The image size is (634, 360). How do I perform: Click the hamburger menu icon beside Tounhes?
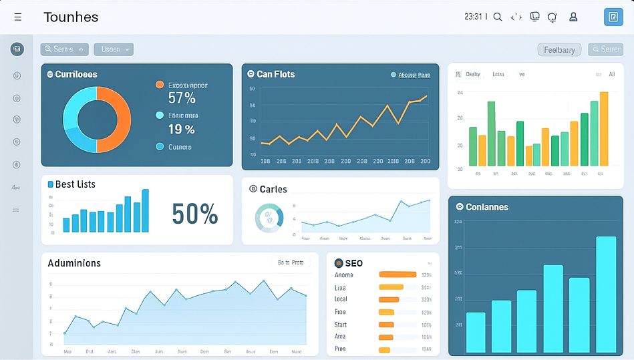tap(18, 17)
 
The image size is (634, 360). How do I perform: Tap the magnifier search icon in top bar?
tap(498, 17)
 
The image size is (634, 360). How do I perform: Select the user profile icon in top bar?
tap(573, 17)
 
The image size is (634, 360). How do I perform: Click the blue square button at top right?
tap(613, 17)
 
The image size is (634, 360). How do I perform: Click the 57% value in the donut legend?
tap(182, 98)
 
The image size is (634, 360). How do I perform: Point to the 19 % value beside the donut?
tap(181, 129)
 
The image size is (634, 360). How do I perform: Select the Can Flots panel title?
tap(275, 74)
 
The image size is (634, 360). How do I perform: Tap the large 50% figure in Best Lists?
tap(194, 214)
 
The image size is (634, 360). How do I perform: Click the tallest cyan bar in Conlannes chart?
tap(606, 294)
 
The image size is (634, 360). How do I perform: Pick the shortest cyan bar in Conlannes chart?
tap(476, 332)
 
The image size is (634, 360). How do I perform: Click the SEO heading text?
tap(353, 264)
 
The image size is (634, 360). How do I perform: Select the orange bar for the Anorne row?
tap(398, 275)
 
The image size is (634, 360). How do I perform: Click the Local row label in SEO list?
tap(341, 299)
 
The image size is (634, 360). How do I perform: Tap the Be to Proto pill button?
tap(291, 262)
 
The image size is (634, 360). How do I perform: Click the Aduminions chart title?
tap(74, 263)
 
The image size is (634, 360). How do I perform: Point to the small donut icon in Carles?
tap(269, 218)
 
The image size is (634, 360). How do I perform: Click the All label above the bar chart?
tap(611, 75)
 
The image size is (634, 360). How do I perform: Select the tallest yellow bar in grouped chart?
tap(604, 128)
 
